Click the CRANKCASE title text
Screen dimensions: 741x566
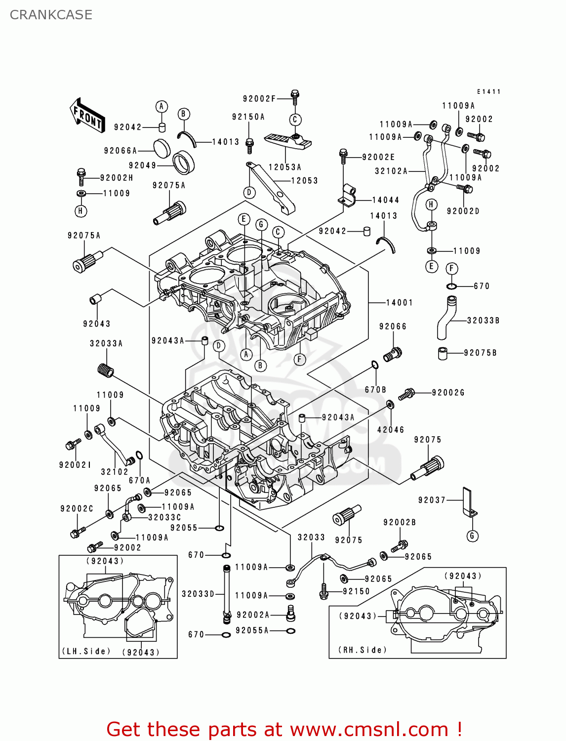pyautogui.click(x=51, y=15)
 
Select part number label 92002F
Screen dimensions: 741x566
pyautogui.click(x=259, y=99)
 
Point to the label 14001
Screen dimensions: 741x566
pyautogui.click(x=399, y=302)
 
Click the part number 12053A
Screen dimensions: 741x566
pyautogui.click(x=285, y=167)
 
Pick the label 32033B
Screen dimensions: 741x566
pyautogui.click(x=483, y=321)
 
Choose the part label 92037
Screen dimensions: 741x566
pyautogui.click(x=432, y=500)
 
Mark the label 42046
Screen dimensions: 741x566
pyautogui.click(x=391, y=430)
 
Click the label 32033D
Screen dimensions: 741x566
pyautogui.click(x=198, y=594)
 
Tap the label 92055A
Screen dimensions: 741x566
pyautogui.click(x=252, y=630)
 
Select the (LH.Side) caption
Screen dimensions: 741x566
pyautogui.click(x=86, y=651)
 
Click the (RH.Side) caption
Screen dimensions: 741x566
pyautogui.click(x=363, y=650)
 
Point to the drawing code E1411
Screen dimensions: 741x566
pyautogui.click(x=488, y=92)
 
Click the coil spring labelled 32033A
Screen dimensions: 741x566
pyautogui.click(x=105, y=370)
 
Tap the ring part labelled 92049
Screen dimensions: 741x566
pyautogui.click(x=183, y=162)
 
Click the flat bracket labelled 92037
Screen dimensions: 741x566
pyautogui.click(x=468, y=501)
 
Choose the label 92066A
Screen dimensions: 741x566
pyautogui.click(x=120, y=151)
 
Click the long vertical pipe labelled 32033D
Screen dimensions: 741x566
pyautogui.click(x=226, y=590)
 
